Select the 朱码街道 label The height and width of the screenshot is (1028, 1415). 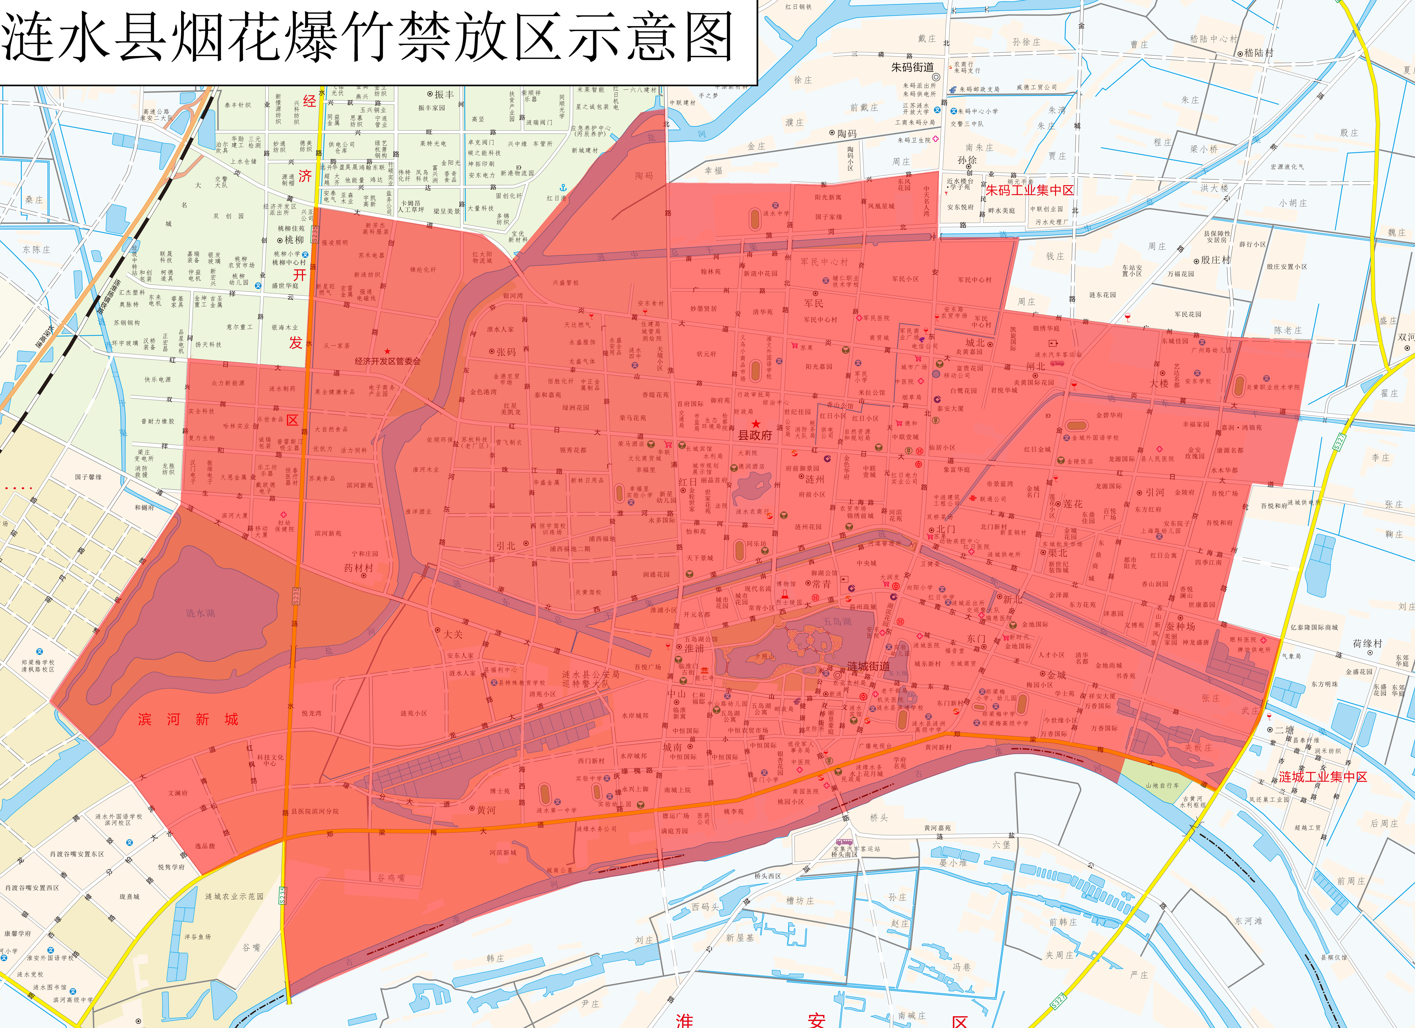coord(912,67)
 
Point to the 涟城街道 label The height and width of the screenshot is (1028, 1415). coord(869,666)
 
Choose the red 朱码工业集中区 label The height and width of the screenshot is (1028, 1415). coord(1029,190)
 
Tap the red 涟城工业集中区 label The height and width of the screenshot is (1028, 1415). coord(1323,777)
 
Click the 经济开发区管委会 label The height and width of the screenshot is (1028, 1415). coord(387,361)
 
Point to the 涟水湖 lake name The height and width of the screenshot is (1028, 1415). coord(200,613)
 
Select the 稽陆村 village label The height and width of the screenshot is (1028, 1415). coord(1259,53)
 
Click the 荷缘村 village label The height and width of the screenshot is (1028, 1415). coord(1368,643)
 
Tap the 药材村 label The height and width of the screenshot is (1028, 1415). coord(359,568)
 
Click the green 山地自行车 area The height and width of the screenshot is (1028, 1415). coord(1162,785)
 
